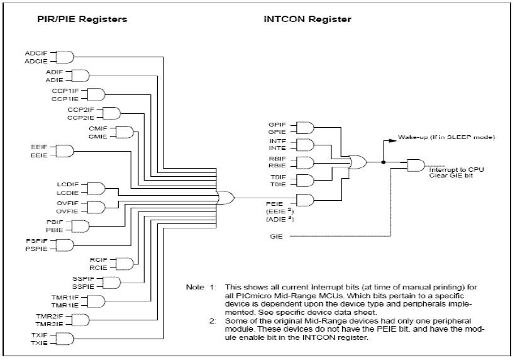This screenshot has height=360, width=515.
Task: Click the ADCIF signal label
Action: coord(36,53)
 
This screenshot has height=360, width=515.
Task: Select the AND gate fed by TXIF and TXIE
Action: coord(65,339)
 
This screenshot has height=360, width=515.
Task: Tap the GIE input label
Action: coord(276,237)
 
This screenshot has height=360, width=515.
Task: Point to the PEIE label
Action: coord(274,204)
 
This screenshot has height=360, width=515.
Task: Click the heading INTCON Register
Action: coord(307,19)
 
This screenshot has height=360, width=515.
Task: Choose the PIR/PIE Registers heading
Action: coord(82,19)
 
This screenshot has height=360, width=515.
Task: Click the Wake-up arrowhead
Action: coord(393,141)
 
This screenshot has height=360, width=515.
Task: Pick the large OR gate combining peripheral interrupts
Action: coord(226,198)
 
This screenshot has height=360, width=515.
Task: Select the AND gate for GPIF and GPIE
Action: coord(305,128)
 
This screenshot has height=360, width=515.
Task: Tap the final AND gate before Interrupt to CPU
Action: coord(416,166)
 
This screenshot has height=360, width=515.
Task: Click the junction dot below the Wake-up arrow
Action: coord(384,162)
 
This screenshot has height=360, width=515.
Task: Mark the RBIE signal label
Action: coord(277,166)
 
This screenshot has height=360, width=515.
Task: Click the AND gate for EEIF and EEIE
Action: coord(65,151)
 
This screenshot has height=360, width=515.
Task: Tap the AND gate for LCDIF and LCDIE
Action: coord(96,189)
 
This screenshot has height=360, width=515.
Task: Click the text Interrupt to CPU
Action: coord(457,170)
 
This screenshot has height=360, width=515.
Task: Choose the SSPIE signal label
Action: coord(83,287)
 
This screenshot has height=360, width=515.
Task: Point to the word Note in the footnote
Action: coord(195,287)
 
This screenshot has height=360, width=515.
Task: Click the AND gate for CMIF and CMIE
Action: coord(125,132)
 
